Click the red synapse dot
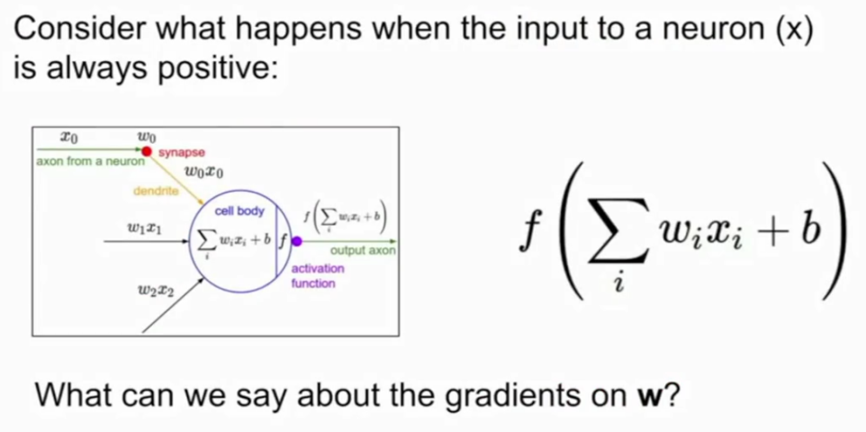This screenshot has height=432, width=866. [147, 150]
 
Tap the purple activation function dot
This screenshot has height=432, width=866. [296, 241]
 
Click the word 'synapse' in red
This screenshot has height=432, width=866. [182, 153]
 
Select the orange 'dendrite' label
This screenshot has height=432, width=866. [157, 192]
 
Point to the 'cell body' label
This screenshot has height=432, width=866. [239, 211]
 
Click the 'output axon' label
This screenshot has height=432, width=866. [363, 251]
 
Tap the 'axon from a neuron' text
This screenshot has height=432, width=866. [90, 162]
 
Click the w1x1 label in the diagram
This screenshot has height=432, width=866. [144, 228]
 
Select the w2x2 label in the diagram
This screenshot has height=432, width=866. [158, 291]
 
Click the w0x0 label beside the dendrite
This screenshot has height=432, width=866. [205, 174]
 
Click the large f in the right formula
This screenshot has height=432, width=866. [529, 234]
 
